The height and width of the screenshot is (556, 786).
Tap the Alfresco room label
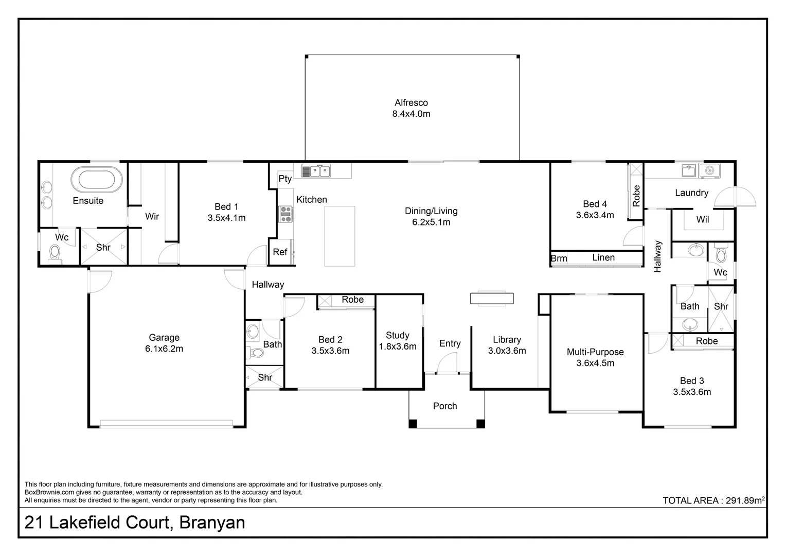click(x=411, y=108)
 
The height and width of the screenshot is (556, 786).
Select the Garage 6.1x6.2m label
click(x=164, y=343)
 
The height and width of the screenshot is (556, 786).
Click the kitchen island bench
click(x=340, y=236)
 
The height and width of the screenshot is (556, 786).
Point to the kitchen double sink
click(x=316, y=170)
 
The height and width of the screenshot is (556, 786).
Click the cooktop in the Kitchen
click(x=285, y=214)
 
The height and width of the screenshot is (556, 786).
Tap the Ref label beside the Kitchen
click(x=280, y=252)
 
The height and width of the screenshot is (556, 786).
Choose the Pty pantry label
click(x=285, y=179)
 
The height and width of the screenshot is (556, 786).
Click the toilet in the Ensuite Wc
click(x=55, y=254)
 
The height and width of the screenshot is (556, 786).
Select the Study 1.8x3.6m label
click(x=398, y=341)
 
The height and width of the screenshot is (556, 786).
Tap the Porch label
click(x=445, y=406)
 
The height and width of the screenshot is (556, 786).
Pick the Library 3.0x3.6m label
click(x=507, y=345)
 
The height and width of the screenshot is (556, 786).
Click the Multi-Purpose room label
click(x=595, y=357)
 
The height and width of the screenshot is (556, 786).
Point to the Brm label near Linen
click(x=559, y=258)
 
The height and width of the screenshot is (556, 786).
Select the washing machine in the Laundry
click(x=710, y=170)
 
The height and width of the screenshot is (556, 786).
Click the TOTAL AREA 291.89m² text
click(x=713, y=500)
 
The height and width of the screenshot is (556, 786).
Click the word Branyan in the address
click(x=212, y=523)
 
